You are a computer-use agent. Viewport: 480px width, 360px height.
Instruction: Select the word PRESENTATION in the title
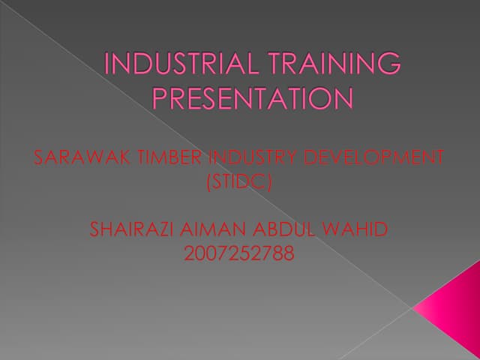pos(252,99)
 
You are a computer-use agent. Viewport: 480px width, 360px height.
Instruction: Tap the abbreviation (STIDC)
pos(238,181)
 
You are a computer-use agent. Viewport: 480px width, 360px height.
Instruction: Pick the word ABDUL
pos(277,229)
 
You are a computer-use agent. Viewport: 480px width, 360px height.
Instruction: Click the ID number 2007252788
pos(238,253)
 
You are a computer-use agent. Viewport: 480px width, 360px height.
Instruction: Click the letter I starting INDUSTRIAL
pos(107,64)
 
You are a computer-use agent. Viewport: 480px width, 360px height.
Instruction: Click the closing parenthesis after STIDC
pos(268,181)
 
